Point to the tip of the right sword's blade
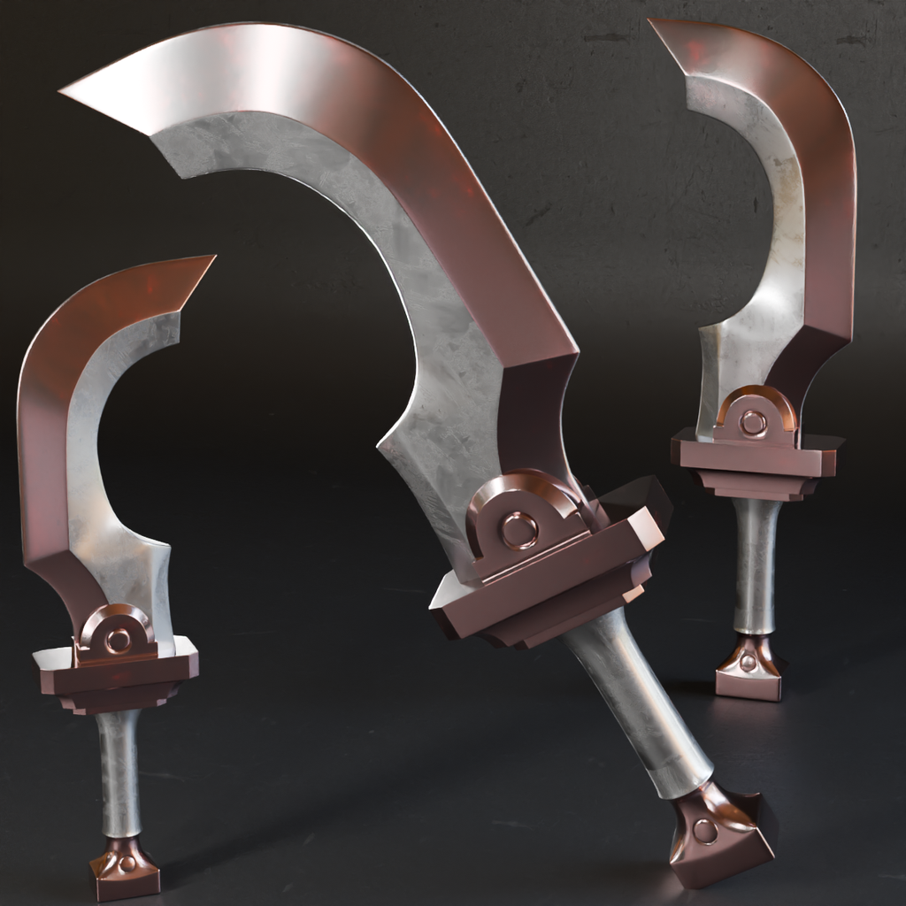pos(654,22)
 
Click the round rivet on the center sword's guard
pos(518,530)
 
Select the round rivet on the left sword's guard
pos(117,640)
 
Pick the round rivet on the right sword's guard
pos(753,423)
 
